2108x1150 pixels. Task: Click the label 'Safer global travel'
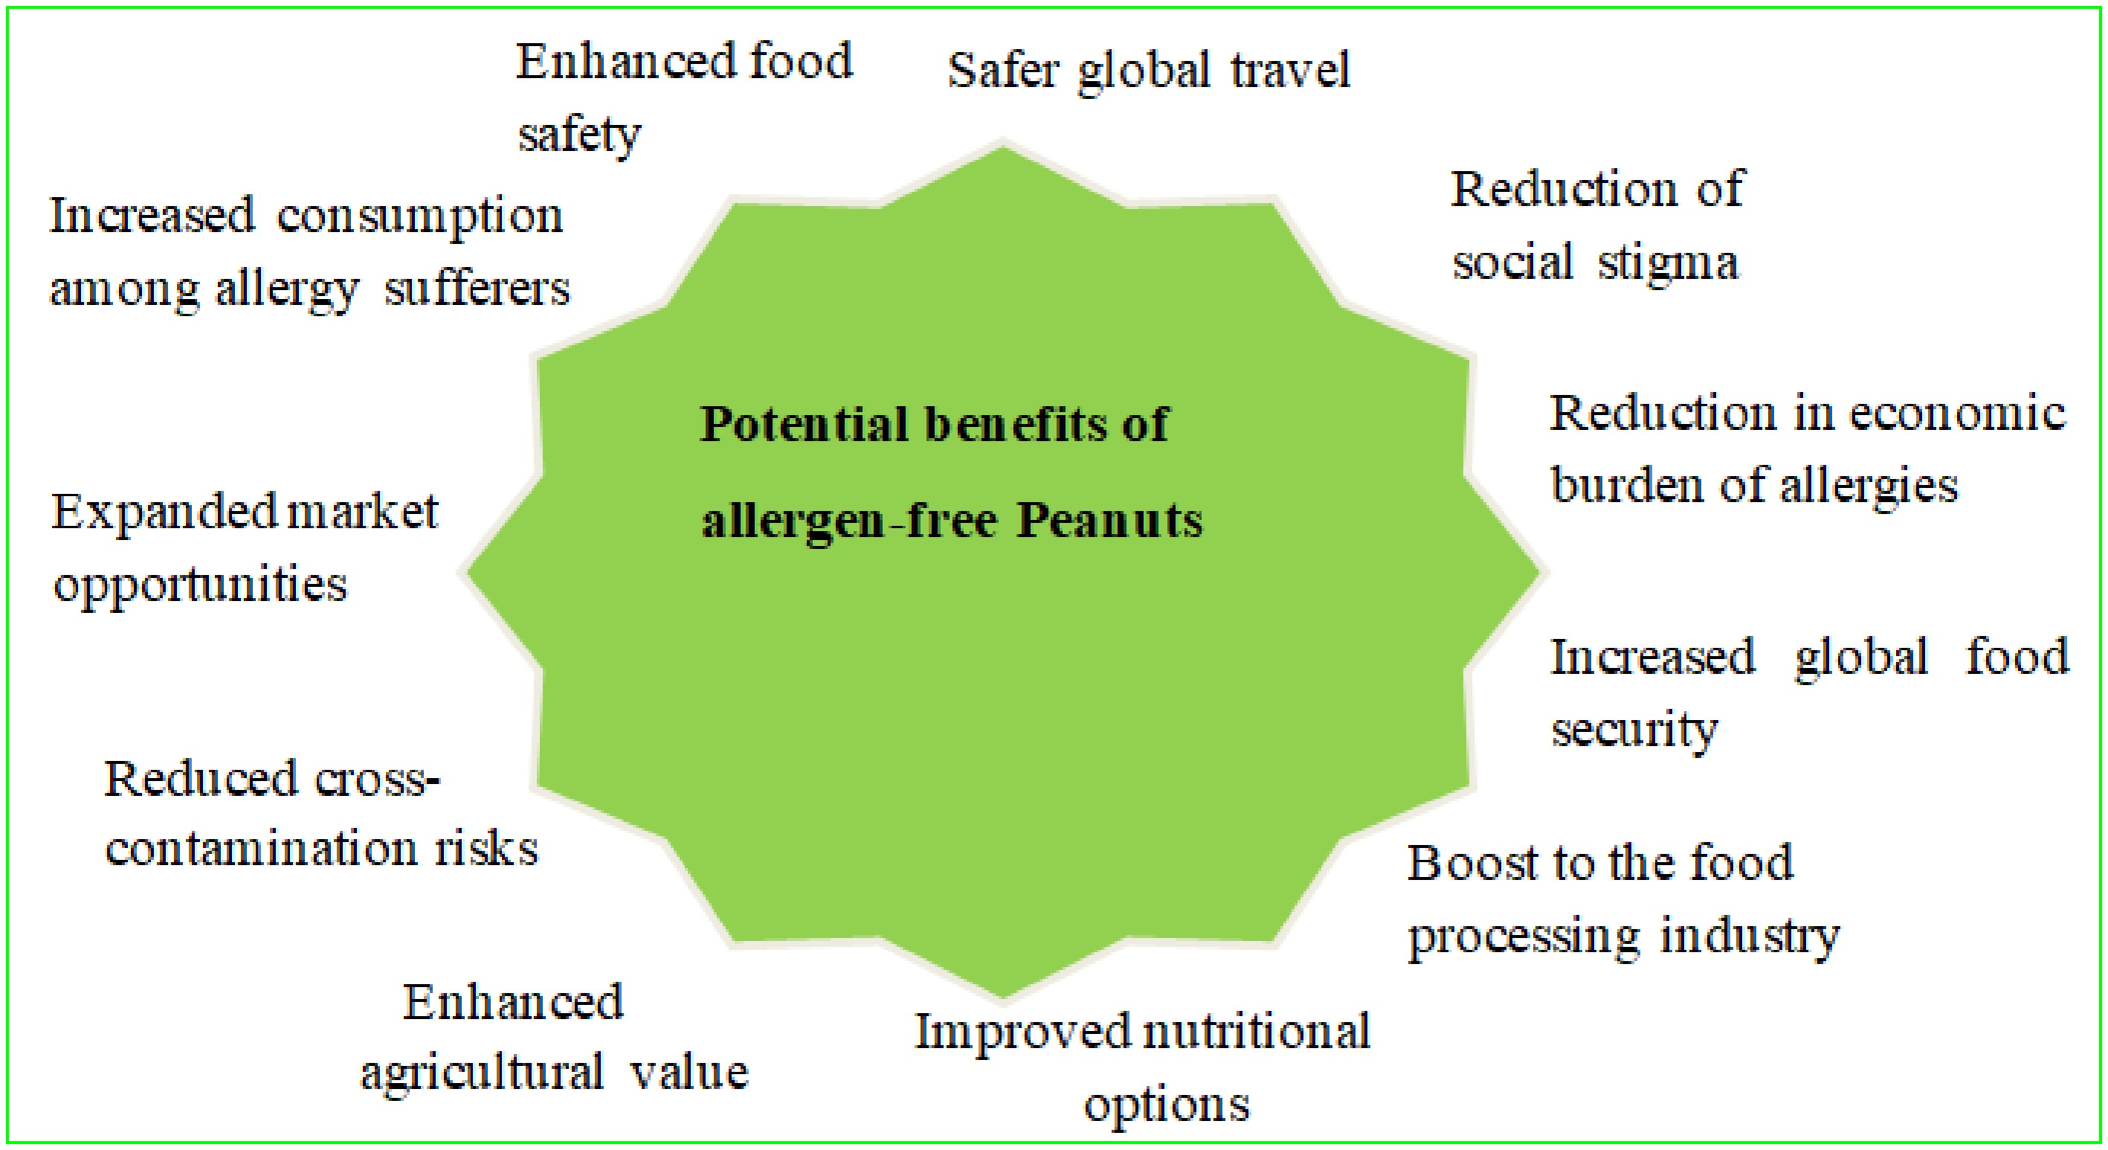[1148, 72]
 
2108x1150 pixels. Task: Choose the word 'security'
[1634, 729]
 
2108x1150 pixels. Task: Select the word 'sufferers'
[477, 289]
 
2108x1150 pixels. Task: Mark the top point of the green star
[1003, 146]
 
